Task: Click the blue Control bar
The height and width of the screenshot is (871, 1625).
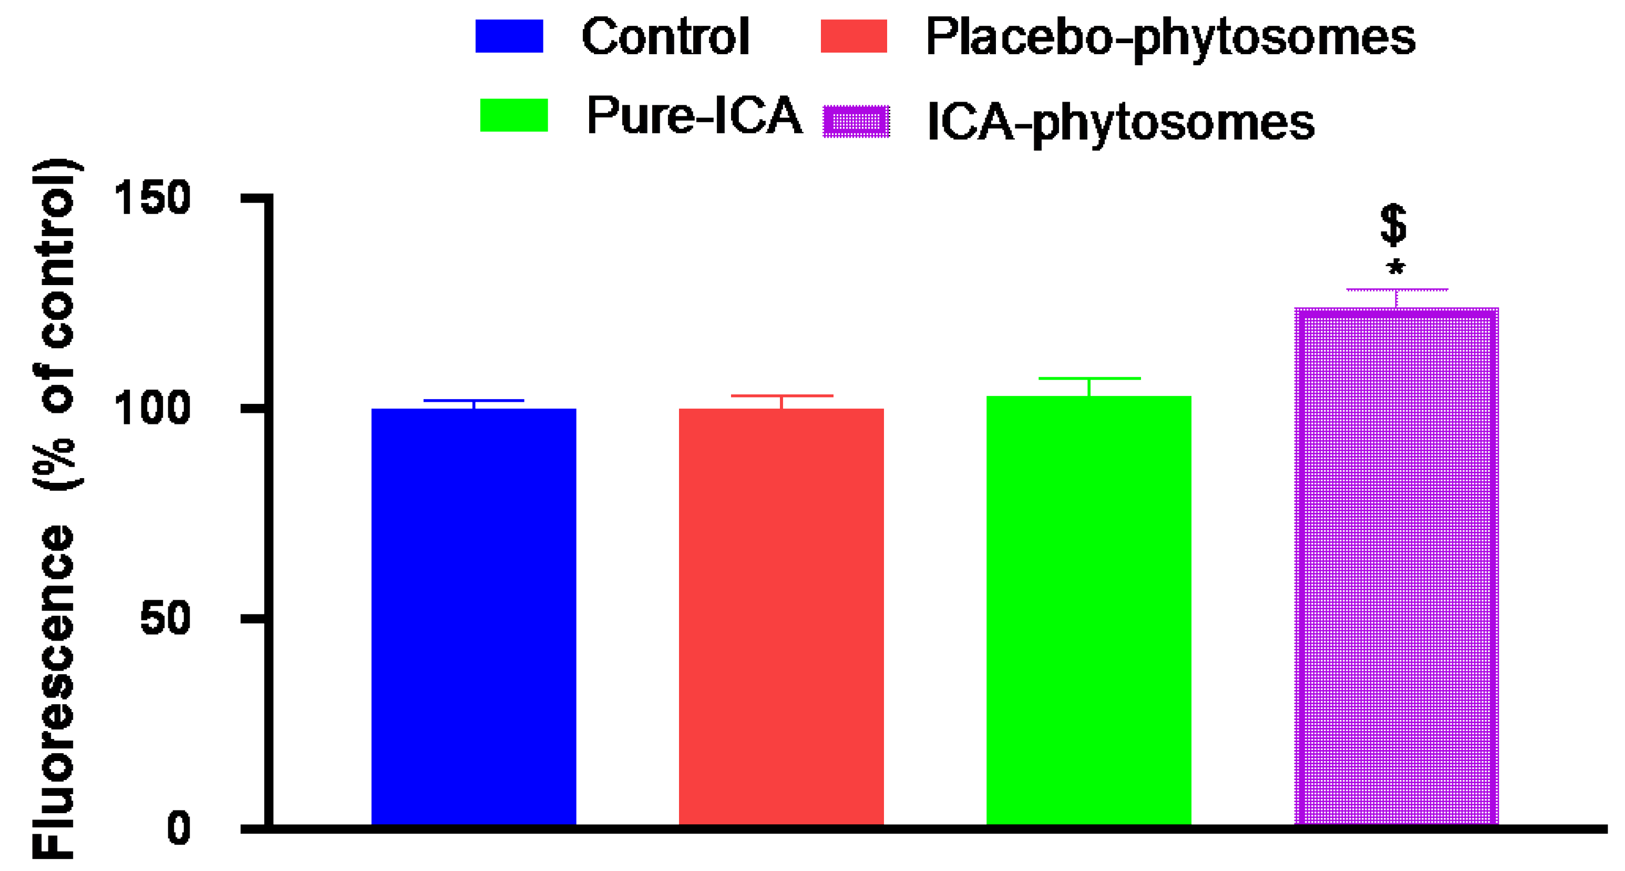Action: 473,615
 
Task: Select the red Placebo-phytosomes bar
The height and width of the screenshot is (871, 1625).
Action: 781,615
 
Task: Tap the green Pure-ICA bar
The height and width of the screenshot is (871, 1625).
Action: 1089,609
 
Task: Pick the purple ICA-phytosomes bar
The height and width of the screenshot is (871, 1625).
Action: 1396,565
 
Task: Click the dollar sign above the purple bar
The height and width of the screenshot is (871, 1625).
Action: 1393,225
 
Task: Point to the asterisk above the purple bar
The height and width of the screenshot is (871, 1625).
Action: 1395,268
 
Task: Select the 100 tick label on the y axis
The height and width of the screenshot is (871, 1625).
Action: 151,408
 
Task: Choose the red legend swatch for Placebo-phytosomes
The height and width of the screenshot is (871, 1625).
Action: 853,36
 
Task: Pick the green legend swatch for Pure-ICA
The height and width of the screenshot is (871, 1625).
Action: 513,115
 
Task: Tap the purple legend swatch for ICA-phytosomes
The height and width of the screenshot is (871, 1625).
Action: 856,121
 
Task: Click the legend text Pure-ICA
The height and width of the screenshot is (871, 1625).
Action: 694,116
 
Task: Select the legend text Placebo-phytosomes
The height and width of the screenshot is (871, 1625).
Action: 1170,38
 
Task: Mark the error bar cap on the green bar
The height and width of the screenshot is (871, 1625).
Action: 1089,379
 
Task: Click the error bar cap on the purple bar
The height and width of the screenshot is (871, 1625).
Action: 1396,290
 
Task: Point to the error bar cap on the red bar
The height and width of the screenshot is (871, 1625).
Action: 781,396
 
